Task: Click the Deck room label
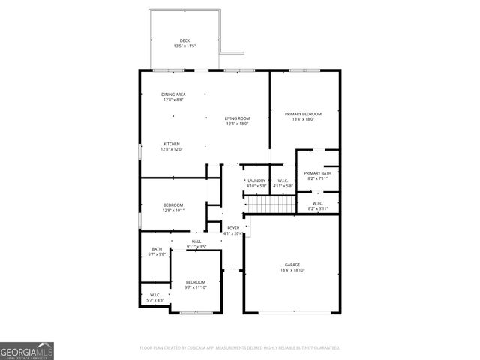tap(184, 40)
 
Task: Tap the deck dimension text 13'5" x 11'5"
tap(184, 46)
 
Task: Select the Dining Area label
tap(173, 94)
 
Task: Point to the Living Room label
tap(237, 118)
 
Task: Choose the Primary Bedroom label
tap(303, 113)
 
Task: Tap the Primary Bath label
tap(317, 173)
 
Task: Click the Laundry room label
tap(256, 180)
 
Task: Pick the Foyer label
tap(234, 228)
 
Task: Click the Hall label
tap(196, 241)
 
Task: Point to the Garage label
tap(292, 264)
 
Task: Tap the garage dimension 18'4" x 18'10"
tap(292, 270)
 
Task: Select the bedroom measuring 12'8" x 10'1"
tap(173, 205)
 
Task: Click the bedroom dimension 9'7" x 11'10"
tap(195, 287)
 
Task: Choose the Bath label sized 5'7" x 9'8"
tap(157, 249)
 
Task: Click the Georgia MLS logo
tap(27, 350)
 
